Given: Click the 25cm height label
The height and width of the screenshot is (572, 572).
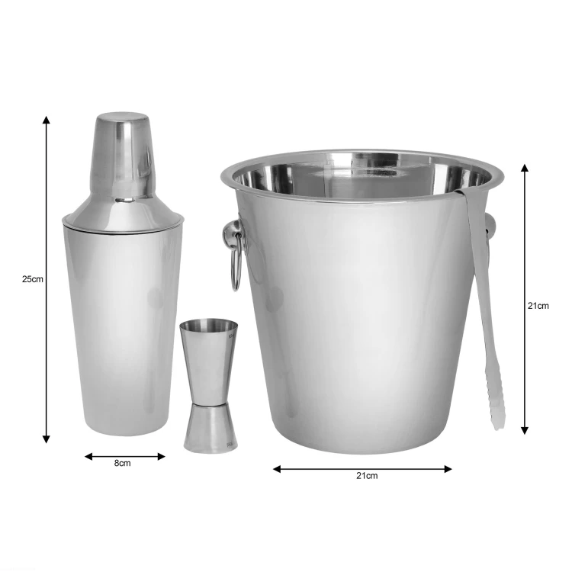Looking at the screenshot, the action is (33, 279).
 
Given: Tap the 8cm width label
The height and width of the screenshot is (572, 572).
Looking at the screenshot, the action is (122, 463).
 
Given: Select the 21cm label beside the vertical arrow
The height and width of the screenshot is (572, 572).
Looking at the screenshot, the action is (538, 306).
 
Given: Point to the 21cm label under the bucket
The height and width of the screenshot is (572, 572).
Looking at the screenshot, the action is (367, 476).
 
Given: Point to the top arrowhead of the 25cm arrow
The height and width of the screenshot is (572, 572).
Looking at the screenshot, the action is (46, 120).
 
